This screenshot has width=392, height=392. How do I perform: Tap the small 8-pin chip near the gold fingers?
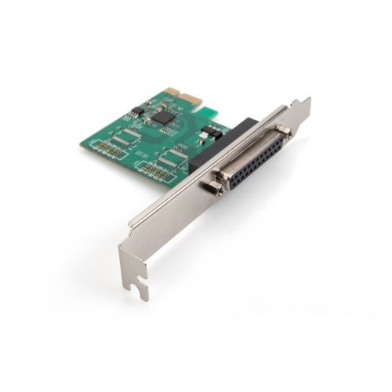(x=132, y=113)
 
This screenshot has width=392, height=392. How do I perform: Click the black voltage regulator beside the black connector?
(x=208, y=135)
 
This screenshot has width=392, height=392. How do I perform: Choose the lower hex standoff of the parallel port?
(x=212, y=188)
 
